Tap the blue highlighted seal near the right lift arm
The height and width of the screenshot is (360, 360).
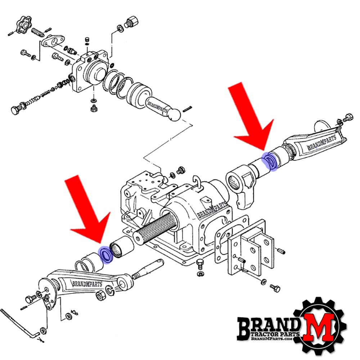point(270,161)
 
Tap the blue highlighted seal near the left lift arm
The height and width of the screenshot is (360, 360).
point(105,255)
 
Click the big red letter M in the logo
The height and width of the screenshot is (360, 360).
point(319,326)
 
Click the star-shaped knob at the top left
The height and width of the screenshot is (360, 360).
point(24,23)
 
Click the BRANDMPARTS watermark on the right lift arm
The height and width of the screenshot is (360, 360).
point(321,142)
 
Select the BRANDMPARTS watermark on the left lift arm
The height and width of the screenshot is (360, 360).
point(87,284)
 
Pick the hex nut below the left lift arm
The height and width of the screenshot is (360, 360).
point(100,296)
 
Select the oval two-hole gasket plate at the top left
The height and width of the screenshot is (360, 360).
point(53,41)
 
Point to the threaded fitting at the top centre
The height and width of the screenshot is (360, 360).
point(131,22)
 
